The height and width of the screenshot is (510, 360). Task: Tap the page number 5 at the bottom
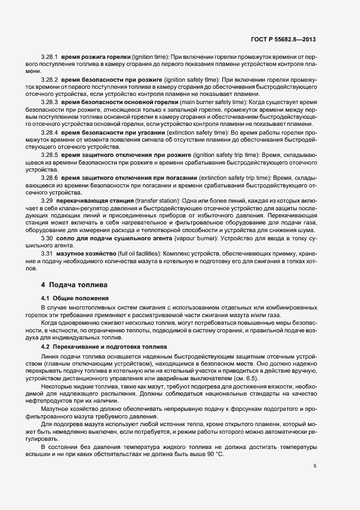(x=315, y=466)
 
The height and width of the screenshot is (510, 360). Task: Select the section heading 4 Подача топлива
(x=75, y=285)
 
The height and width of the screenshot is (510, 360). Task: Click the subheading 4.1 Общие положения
(x=75, y=299)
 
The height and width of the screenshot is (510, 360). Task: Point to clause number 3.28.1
(x=49, y=57)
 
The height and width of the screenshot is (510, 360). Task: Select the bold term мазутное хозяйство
(x=87, y=254)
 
